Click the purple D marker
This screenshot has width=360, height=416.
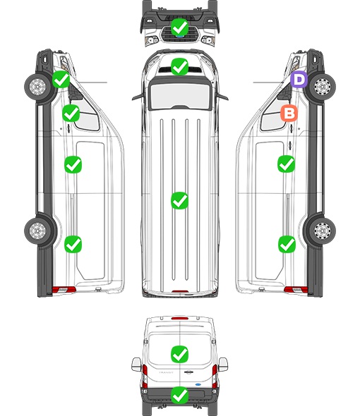click(299, 79)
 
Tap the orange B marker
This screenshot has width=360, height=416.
click(289, 114)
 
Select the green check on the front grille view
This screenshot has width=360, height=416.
click(179, 27)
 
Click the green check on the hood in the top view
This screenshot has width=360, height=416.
click(179, 66)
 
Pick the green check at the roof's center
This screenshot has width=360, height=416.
click(179, 200)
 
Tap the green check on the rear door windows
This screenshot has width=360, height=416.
click(179, 354)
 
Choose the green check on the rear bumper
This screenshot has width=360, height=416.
click(179, 395)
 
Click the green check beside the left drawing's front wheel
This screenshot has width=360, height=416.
click(61, 79)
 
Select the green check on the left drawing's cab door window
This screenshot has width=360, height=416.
click(71, 113)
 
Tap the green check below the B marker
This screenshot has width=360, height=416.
click(286, 164)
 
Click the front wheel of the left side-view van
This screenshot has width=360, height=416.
click(37, 87)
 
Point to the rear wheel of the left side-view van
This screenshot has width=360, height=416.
click(37, 231)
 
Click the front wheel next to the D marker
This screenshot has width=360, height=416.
click(323, 87)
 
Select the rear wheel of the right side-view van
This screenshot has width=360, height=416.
click(323, 231)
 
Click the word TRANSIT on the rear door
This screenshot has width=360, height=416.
click(166, 372)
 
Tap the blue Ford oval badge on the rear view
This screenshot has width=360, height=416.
click(198, 384)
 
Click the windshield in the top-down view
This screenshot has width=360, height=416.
click(180, 96)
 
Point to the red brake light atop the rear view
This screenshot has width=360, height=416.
click(180, 318)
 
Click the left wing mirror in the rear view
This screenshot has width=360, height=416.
click(136, 365)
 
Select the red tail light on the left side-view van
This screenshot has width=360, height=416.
click(64, 290)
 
